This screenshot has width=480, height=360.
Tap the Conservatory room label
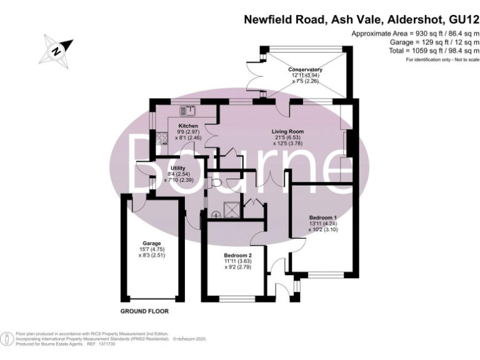[x=304, y=69]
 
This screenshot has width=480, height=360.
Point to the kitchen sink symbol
[x=187, y=111]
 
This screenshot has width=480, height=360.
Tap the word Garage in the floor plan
[x=151, y=243]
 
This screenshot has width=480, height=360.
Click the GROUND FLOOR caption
[x=144, y=311]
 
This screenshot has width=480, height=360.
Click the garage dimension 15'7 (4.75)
[x=151, y=250]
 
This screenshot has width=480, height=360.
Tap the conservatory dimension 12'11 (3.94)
[x=305, y=76]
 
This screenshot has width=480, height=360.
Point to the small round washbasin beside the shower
[x=216, y=214]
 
